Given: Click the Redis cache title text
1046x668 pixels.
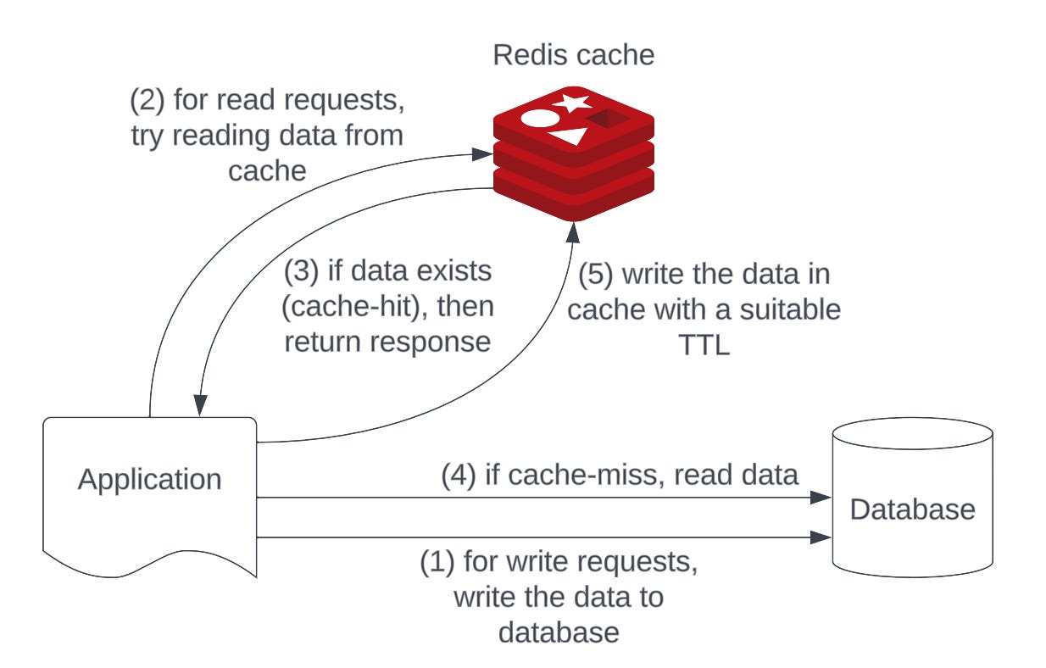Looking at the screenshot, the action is [573, 55].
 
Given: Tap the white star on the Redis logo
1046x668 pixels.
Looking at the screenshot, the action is [570, 103].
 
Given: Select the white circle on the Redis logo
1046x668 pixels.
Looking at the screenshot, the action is [539, 118].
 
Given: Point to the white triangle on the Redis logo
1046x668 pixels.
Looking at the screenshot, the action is [569, 136].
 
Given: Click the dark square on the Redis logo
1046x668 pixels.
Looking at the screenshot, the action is [608, 119].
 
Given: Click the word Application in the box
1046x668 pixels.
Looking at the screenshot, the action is [149, 480].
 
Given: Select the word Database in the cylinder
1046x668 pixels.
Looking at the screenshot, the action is [912, 509].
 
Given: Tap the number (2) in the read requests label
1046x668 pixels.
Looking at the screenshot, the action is [147, 101].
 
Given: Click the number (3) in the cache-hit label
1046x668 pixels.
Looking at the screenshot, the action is [302, 271].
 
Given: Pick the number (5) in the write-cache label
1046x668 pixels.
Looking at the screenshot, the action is [596, 275].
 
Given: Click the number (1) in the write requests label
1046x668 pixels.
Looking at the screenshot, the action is [437, 562].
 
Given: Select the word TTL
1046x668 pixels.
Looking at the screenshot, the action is [704, 345].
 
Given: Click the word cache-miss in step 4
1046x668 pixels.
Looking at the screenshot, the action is [586, 476].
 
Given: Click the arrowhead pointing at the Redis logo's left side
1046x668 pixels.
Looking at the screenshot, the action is [482, 154].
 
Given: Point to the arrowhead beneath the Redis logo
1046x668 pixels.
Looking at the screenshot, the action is [573, 232].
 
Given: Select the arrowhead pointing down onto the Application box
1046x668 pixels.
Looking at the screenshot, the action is [200, 405].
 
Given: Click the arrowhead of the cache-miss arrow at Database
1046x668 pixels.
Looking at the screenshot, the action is [821, 498].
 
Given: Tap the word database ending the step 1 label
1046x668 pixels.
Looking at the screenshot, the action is [559, 633].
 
